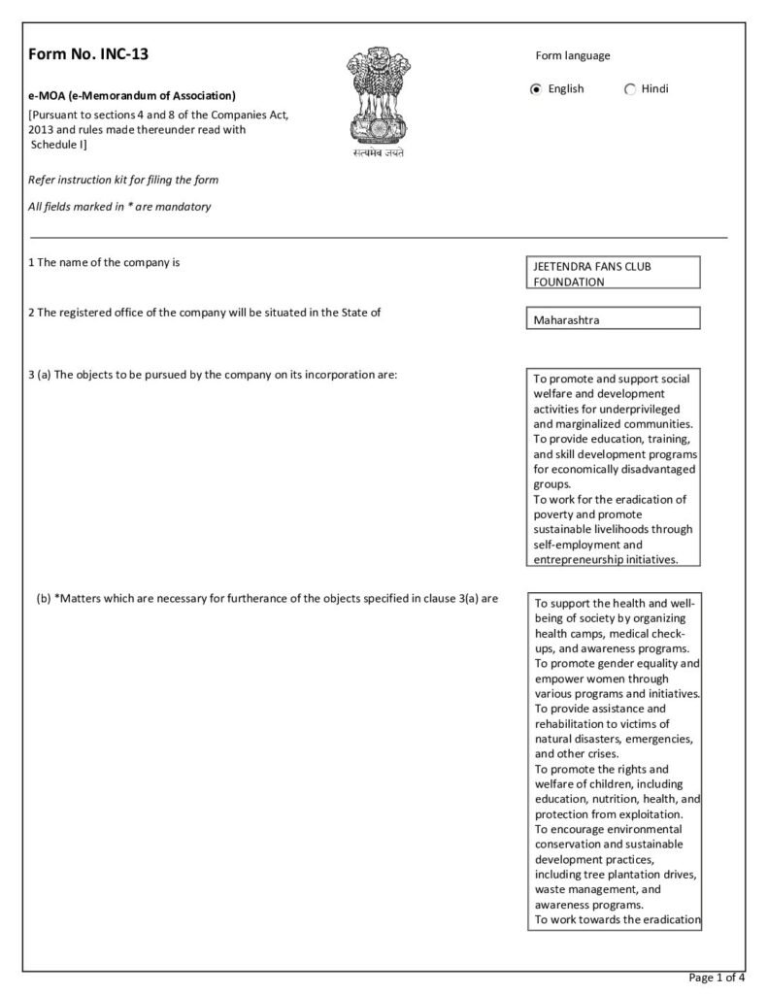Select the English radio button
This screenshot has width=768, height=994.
click(536, 89)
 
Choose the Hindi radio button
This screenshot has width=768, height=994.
click(630, 89)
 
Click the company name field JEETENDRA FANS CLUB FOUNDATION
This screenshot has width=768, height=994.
click(611, 273)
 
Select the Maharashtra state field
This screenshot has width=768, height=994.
click(611, 318)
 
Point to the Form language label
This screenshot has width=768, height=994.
click(573, 55)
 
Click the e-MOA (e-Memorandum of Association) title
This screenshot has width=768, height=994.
click(132, 95)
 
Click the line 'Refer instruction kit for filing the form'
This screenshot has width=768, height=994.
click(123, 180)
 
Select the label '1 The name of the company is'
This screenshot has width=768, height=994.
click(104, 262)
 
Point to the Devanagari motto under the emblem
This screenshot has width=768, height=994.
click(378, 153)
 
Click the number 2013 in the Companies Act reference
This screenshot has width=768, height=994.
click(45, 128)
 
